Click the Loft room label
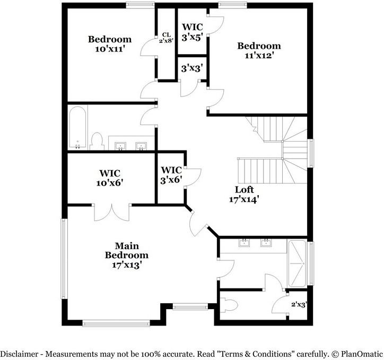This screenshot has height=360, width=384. (245, 195)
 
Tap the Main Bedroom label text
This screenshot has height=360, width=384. (126, 254)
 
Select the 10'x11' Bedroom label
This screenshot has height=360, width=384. (109, 43)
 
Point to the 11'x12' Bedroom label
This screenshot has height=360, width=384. (258, 50)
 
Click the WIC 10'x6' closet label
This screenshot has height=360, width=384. (110, 178)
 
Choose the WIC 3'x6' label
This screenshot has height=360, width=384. (172, 174)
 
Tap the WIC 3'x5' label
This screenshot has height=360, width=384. (193, 31)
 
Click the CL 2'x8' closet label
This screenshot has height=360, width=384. (165, 38)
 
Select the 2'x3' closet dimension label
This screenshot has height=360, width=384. (299, 305)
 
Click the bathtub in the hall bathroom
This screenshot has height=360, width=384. (77, 128)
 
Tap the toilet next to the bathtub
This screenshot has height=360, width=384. (97, 142)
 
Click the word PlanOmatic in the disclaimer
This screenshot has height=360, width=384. (360, 353)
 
